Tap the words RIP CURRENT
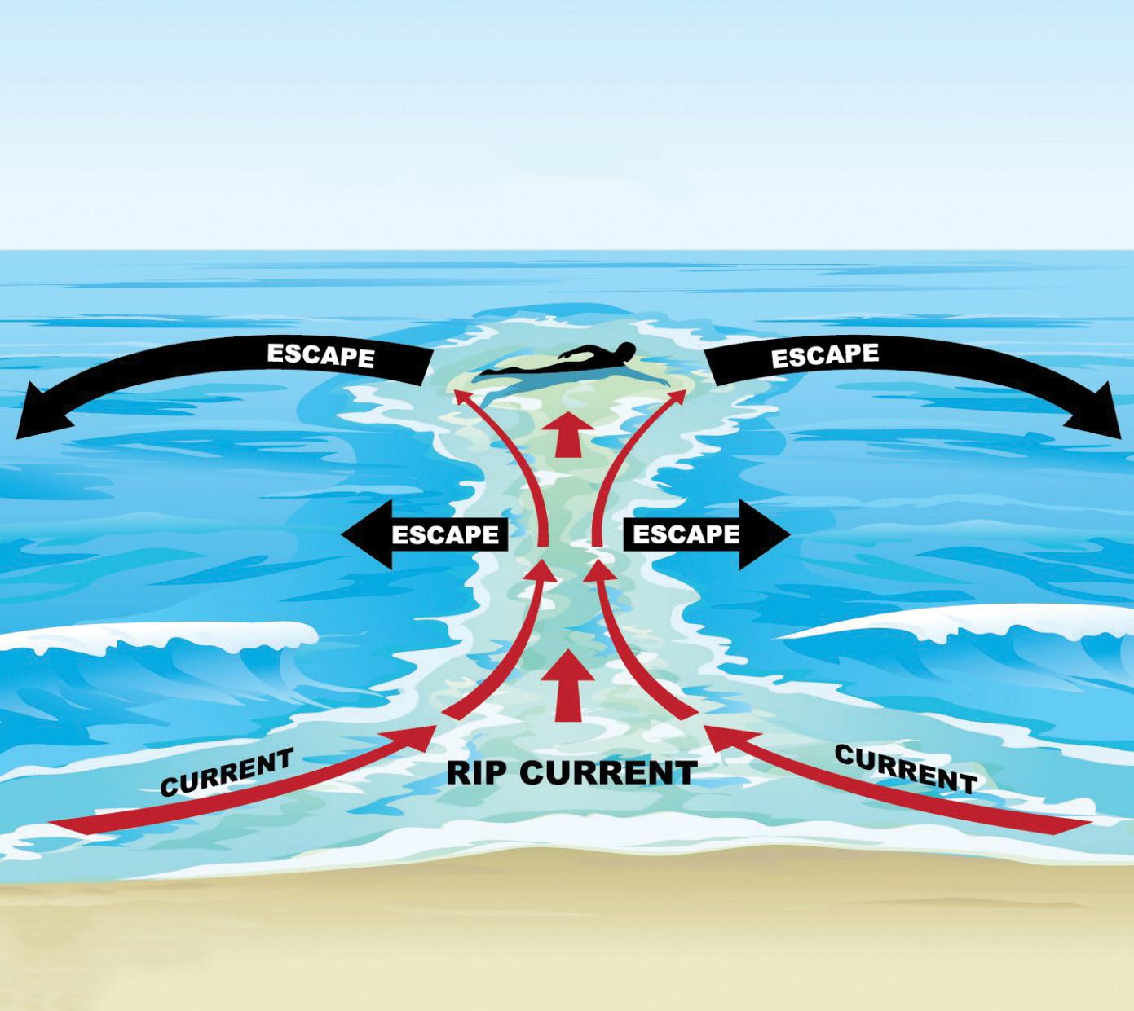[571, 772]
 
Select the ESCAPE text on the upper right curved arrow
[825, 354]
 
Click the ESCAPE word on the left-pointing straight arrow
[445, 535]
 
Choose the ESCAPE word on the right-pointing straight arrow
[686, 534]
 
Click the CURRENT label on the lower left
[226, 772]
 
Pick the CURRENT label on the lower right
[906, 769]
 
